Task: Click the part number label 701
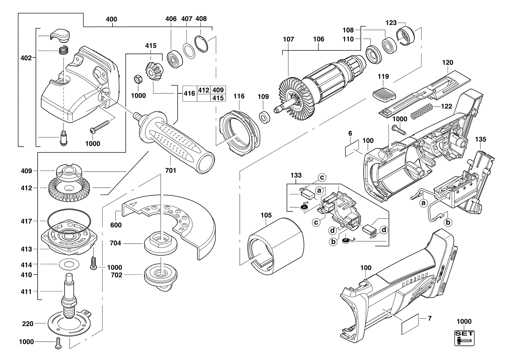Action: click(x=171, y=170)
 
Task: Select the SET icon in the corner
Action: click(x=464, y=338)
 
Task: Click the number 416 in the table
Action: click(x=190, y=93)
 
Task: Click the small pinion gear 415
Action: click(x=154, y=70)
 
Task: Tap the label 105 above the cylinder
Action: click(x=266, y=215)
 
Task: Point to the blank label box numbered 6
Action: click(x=352, y=148)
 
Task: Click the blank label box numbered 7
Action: click(x=410, y=324)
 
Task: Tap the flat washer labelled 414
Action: click(x=68, y=264)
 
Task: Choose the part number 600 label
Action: click(x=116, y=225)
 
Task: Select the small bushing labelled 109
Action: click(x=265, y=117)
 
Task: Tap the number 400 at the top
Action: click(x=111, y=19)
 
